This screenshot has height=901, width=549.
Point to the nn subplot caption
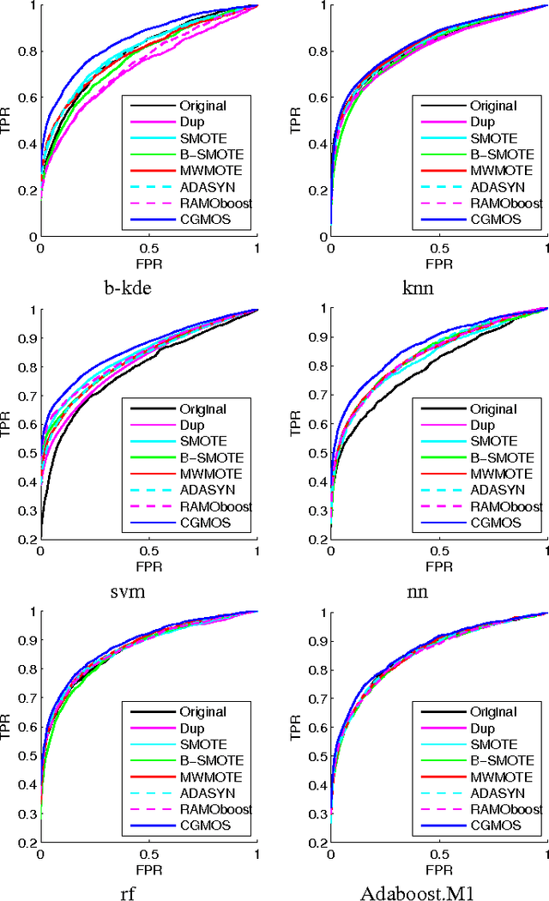[x=440, y=590]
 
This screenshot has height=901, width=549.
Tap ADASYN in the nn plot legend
[x=494, y=490]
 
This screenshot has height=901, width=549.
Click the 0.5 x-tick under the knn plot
[x=440, y=248]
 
